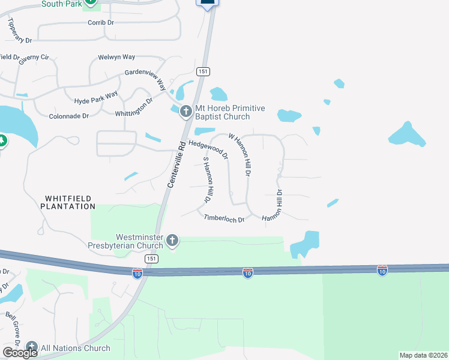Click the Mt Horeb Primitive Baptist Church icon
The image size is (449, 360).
point(185,111)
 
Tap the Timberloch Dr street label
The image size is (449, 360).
point(224,219)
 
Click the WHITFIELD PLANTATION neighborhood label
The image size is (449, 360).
point(68,202)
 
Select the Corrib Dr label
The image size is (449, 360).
point(101,22)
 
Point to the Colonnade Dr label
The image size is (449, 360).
point(68,116)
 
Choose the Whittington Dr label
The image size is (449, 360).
point(134,109)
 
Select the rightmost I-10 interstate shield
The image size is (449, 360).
point(382,270)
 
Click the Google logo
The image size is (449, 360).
point(20,353)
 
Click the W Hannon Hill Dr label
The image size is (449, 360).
point(238,154)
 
